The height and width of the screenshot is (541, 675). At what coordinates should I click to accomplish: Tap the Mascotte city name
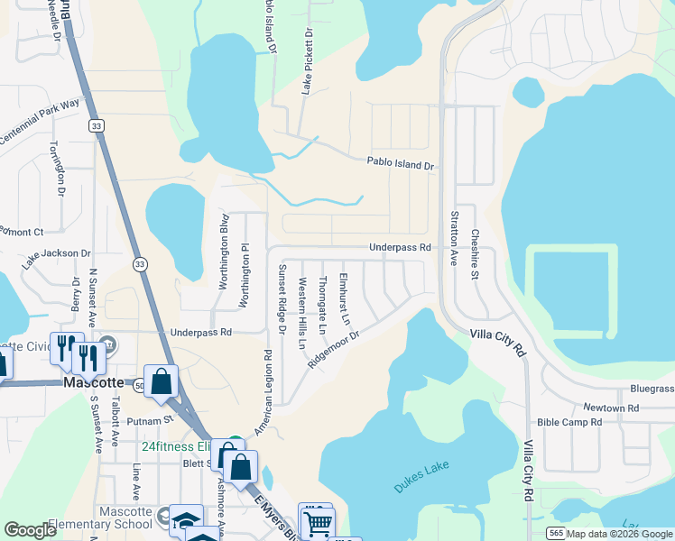(93, 382)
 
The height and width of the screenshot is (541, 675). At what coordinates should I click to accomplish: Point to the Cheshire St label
(474, 254)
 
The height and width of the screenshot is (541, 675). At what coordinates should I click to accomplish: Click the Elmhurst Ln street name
(343, 298)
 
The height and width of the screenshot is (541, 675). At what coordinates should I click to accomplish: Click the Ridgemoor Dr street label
(334, 349)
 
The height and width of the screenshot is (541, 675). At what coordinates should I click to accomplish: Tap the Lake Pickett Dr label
(307, 61)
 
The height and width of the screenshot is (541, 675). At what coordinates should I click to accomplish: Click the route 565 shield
(557, 534)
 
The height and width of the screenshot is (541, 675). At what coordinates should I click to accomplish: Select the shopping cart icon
(318, 522)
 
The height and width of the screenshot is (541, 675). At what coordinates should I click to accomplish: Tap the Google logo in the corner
(31, 530)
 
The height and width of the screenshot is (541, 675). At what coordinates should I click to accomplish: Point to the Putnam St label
(155, 420)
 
